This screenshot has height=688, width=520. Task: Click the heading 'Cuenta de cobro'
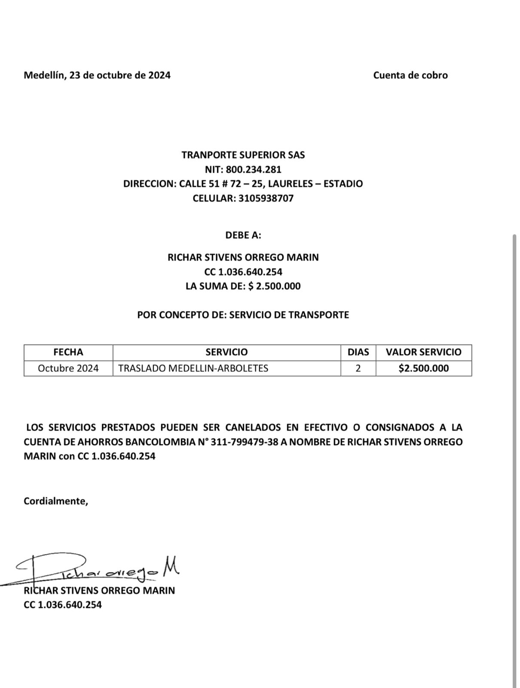410,75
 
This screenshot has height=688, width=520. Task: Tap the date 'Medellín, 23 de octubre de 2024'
97,75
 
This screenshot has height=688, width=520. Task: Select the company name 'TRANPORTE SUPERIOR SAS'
243,155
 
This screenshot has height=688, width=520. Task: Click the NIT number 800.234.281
254,169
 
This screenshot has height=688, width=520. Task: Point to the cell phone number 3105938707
266,199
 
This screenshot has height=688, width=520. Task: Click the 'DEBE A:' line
243,235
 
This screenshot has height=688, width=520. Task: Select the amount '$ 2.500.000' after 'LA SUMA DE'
274,286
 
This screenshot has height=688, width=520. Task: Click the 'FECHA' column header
68,352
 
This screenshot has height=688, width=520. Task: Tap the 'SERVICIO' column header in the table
226,352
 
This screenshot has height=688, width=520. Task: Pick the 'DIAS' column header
358,352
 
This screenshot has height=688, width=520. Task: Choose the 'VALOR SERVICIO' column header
423,352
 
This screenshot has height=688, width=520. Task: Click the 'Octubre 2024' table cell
68,368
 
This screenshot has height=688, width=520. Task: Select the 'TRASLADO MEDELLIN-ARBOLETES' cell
193,368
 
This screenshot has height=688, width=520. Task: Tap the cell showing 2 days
358,368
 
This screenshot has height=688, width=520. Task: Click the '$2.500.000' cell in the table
423,368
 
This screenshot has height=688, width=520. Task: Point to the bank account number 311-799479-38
244,442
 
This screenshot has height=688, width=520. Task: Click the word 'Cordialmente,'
56,501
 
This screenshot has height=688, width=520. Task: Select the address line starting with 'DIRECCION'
243,184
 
